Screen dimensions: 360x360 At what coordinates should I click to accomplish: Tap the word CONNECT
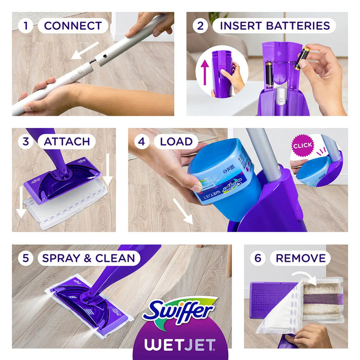click(73, 26)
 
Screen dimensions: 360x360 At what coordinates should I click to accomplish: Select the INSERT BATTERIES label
click(274, 26)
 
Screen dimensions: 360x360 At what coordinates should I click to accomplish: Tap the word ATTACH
click(67, 141)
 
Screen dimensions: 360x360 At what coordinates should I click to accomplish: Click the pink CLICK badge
click(302, 146)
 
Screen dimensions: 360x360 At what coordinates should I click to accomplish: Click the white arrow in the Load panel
click(182, 211)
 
